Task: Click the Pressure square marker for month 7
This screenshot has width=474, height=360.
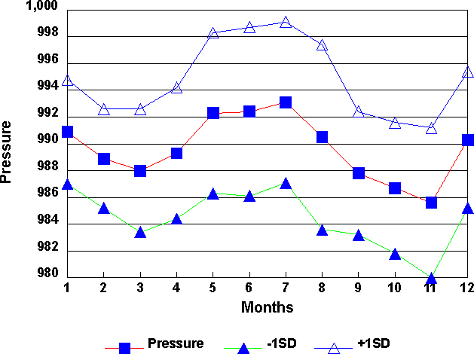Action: point(286,102)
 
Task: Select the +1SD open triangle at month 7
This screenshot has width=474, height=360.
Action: point(286,23)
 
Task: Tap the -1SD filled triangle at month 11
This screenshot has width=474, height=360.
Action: point(431,279)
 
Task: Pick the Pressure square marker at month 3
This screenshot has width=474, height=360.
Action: point(140,171)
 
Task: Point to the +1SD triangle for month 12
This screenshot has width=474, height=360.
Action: point(467,72)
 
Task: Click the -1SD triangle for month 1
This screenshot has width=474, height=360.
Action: point(67,185)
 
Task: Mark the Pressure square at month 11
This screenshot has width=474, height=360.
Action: point(431,203)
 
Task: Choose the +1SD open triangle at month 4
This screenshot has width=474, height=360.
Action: point(176,87)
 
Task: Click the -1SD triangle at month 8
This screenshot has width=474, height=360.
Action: point(322,230)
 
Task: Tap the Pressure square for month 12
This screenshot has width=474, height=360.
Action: point(467,140)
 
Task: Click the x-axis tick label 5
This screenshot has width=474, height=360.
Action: point(213,288)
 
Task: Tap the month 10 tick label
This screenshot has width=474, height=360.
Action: point(394,288)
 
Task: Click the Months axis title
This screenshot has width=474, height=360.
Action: point(267,307)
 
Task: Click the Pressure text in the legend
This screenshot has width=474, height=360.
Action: point(176,343)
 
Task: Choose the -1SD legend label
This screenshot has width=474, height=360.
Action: point(282,343)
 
